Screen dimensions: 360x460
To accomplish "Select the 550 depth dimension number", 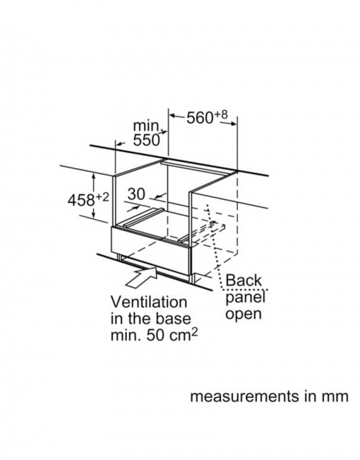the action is tap(146, 140).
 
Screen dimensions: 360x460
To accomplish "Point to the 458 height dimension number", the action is tap(80, 201).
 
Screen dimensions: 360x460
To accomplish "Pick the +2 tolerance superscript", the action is tap(102, 197).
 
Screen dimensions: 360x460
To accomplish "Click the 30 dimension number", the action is tap(136, 194).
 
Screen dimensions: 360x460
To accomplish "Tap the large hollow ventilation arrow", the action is tap(142, 276).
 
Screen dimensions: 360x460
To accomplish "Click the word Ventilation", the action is tap(149, 302).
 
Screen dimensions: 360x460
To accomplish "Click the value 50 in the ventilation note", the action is tap(155, 336).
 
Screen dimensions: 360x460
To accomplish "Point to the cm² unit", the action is tap(183, 335).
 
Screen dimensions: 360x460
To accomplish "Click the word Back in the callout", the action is tap(244, 280).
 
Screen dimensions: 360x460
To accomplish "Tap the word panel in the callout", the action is tap(246, 297).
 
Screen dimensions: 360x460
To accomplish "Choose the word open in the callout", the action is tap(244, 314).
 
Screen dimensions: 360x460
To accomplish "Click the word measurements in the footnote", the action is tap(243, 396).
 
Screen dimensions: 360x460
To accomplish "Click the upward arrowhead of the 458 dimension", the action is tap(94, 177).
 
